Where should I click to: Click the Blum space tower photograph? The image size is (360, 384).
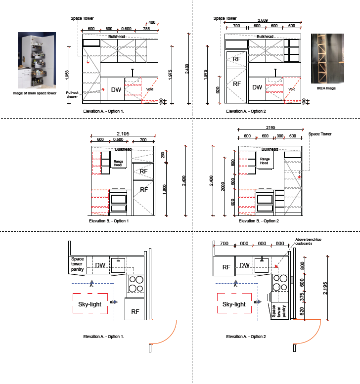click(37, 60)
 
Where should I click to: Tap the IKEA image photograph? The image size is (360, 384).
click(327, 58)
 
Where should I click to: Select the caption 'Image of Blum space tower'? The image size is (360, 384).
click(35, 93)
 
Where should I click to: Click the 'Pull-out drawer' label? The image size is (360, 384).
click(72, 94)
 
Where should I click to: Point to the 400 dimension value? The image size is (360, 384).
click(152, 22)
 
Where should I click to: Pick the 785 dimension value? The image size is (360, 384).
click(146, 29)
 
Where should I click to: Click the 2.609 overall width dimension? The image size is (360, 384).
click(263, 20)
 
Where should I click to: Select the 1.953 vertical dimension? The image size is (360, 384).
click(67, 75)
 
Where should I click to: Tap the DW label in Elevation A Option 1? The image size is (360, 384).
click(116, 90)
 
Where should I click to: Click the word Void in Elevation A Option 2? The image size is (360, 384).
click(292, 89)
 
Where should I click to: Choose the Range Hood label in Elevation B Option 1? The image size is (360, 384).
click(118, 163)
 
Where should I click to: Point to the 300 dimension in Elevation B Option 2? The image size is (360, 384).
click(280, 136)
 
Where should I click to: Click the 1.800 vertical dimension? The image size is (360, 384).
click(165, 189)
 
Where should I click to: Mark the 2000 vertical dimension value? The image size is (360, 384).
click(223, 187)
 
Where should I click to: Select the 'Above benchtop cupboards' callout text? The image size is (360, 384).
click(308, 242)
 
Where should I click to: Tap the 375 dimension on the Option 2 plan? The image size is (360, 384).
click(302, 297)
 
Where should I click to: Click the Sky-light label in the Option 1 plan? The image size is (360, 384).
click(90, 304)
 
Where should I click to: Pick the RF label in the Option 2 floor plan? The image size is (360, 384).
click(226, 267)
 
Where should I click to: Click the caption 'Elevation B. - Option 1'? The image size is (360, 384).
click(109, 221)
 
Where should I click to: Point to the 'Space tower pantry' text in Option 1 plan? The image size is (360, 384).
click(78, 264)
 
